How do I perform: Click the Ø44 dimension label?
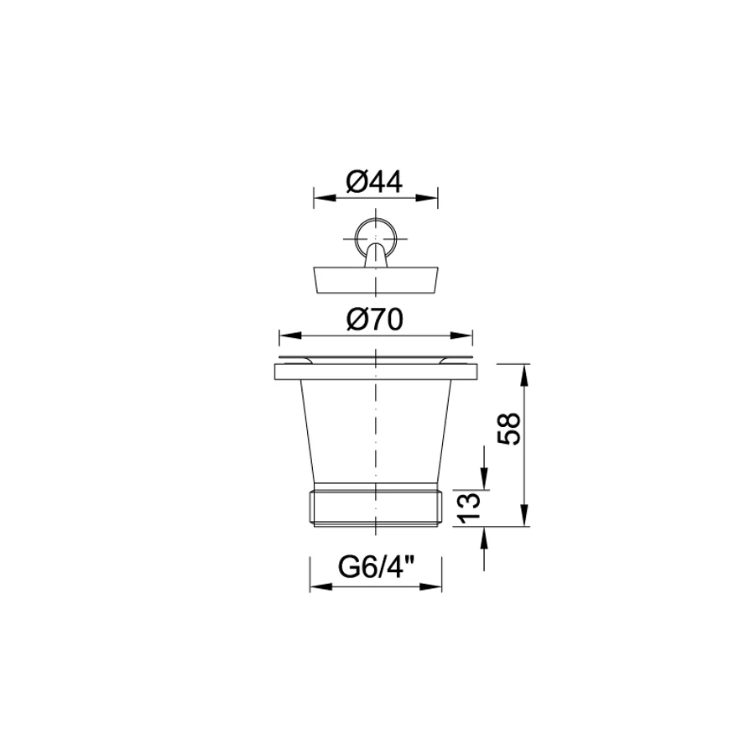coord(374,182)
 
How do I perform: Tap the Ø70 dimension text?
coord(375,320)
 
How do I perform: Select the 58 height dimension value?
coord(509,428)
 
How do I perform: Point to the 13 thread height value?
coord(469,508)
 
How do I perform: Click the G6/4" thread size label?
coord(376,567)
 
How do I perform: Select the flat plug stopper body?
coord(376,279)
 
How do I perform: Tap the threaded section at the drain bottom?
coord(376,508)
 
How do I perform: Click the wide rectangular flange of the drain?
coord(376,372)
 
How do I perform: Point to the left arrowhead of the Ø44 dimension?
coord(324,198)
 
